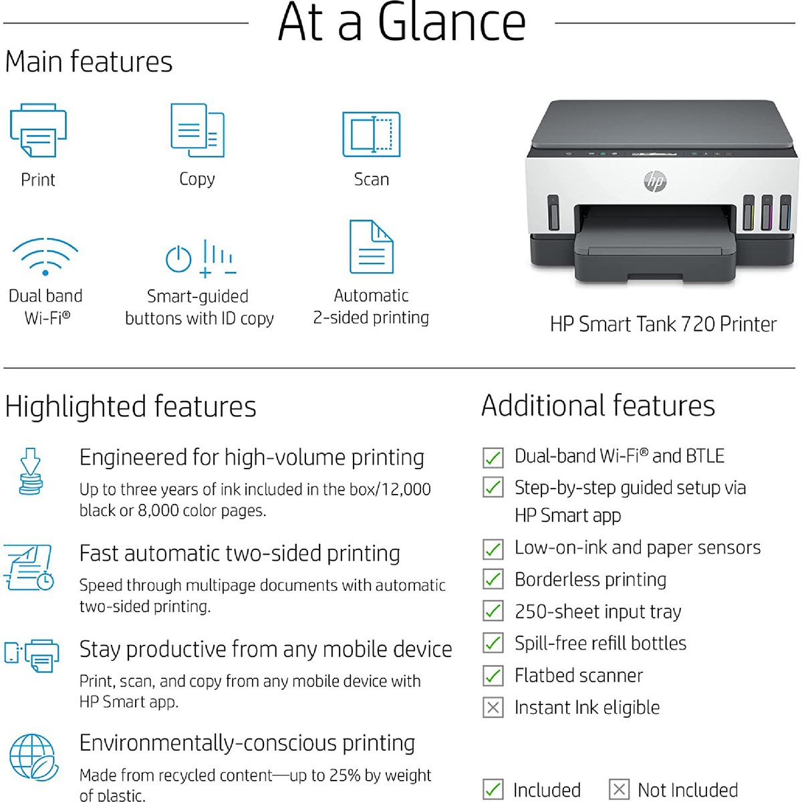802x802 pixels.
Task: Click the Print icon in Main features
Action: (x=38, y=130)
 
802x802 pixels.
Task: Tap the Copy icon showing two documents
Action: (x=197, y=130)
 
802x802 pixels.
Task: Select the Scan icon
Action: (x=371, y=134)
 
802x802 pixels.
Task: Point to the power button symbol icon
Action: (x=178, y=259)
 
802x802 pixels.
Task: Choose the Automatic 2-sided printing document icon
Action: (x=371, y=247)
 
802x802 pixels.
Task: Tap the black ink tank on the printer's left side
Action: (x=553, y=213)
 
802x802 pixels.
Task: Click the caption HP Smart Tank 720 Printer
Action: (x=663, y=324)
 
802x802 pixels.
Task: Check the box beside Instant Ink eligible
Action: (x=493, y=708)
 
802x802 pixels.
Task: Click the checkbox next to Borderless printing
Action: (x=493, y=579)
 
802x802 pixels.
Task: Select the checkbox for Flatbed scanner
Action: (x=493, y=675)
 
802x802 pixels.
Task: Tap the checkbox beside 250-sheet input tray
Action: (x=493, y=611)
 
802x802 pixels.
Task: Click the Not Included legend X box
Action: (x=619, y=789)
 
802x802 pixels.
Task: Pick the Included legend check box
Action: (x=493, y=789)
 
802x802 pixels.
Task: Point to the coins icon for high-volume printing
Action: (x=31, y=472)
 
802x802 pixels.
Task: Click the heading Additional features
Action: (x=598, y=406)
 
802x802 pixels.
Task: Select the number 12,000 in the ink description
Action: (x=406, y=489)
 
